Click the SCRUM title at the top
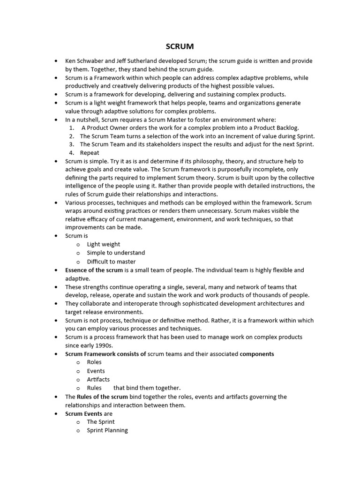coord(180,46)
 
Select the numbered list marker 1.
coord(71,127)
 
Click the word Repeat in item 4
coord(90,153)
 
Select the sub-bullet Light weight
coord(103,244)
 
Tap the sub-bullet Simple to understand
coord(116,253)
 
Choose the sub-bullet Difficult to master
coord(111,262)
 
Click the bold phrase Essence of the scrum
coord(94,270)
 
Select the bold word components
coord(257,354)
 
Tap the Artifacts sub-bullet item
coord(98,379)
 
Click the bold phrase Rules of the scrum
coord(102,397)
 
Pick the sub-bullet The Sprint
coord(100,422)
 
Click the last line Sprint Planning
coord(107,430)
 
